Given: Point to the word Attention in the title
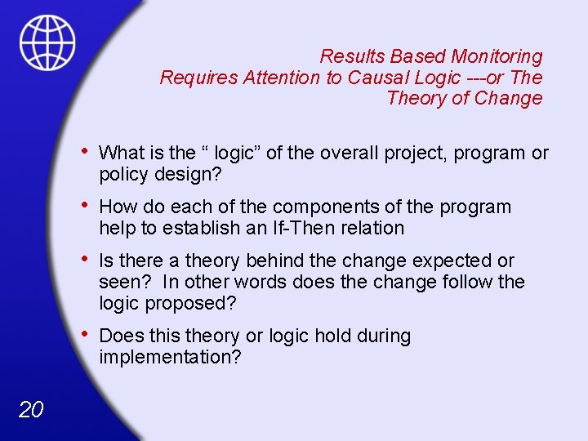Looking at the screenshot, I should coord(280,78).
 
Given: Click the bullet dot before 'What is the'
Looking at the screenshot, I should coord(86,151).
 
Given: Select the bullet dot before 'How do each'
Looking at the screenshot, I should coord(86,206).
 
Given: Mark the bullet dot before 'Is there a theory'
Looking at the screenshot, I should coord(86,260).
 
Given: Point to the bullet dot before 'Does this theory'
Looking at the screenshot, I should coord(86,335).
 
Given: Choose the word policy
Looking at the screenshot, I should coord(122,174).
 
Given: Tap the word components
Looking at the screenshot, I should coord(323,207).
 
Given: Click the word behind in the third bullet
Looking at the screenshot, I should coord(256,261).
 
